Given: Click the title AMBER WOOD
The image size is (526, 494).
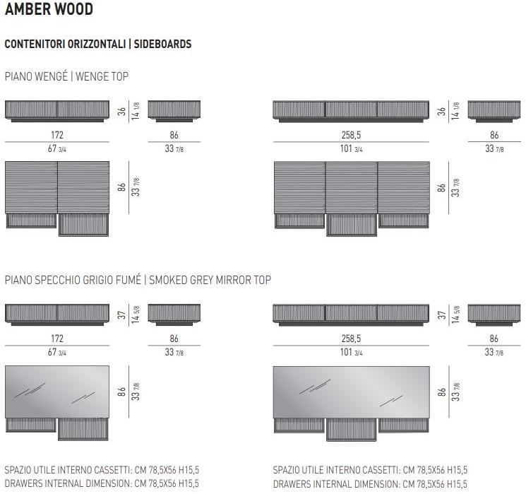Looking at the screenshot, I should point(49,10).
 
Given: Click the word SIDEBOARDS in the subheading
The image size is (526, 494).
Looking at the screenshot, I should point(162,44).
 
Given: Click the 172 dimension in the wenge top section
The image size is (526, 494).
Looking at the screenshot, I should point(57,135).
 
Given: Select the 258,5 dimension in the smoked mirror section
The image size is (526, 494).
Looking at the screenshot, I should point(351,339).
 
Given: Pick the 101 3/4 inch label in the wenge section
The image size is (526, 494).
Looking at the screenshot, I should point(351,149).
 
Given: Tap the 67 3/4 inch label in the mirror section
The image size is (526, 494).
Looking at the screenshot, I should point(57,353).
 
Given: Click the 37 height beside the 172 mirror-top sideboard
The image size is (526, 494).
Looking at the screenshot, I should point(121,314).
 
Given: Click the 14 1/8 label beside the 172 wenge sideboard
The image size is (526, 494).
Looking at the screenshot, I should point(136,111).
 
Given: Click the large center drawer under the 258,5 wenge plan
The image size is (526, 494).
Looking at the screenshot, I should point(352,224).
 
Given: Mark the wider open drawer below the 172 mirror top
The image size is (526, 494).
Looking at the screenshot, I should point(83,428).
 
